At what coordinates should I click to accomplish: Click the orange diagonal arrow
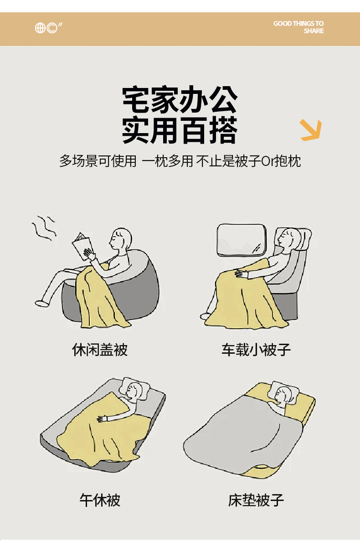click(311, 130)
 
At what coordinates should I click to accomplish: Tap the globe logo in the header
click(40, 28)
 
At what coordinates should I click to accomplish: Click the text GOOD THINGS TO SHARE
click(298, 27)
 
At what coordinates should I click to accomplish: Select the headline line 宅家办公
click(180, 100)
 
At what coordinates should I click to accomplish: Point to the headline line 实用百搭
click(180, 130)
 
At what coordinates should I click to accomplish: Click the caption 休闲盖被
click(100, 350)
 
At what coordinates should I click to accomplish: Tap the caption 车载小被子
click(256, 350)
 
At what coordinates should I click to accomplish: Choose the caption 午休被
click(100, 500)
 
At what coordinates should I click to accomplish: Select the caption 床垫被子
click(256, 500)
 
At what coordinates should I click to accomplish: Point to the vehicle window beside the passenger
click(242, 239)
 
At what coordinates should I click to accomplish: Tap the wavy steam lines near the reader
click(44, 227)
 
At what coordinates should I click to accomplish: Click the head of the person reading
click(120, 238)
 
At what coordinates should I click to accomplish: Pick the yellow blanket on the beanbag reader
click(100, 297)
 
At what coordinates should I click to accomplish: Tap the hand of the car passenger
click(241, 274)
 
